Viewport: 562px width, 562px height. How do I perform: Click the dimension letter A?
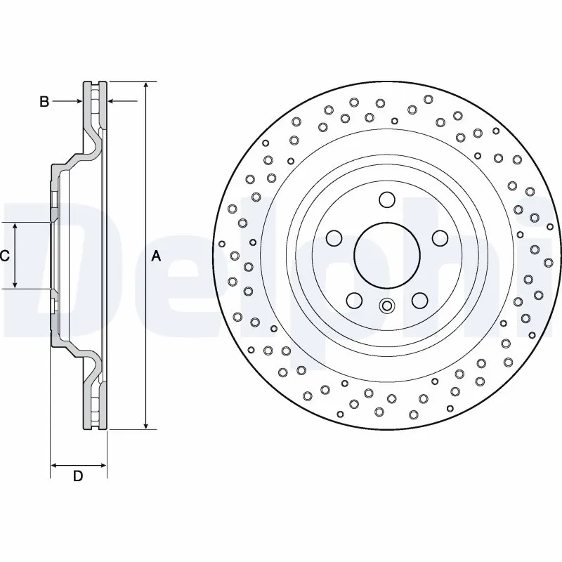pyautogui.click(x=156, y=257)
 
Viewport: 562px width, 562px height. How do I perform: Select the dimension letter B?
pyautogui.click(x=44, y=103)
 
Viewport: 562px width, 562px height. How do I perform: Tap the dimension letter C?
pyautogui.click(x=4, y=256)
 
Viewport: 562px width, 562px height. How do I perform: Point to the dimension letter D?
pyautogui.click(x=78, y=476)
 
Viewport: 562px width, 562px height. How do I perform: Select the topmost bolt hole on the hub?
pyautogui.click(x=386, y=200)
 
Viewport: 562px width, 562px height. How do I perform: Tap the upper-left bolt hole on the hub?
pyautogui.click(x=334, y=237)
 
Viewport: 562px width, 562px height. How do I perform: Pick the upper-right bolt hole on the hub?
pyautogui.click(x=440, y=237)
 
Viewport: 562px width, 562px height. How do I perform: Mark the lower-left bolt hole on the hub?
pyautogui.click(x=354, y=300)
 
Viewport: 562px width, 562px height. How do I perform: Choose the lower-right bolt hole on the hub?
pyautogui.click(x=419, y=300)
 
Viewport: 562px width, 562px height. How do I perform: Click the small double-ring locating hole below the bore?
pyautogui.click(x=386, y=306)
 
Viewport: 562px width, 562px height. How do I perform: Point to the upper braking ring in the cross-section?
pyautogui.click(x=96, y=105)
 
